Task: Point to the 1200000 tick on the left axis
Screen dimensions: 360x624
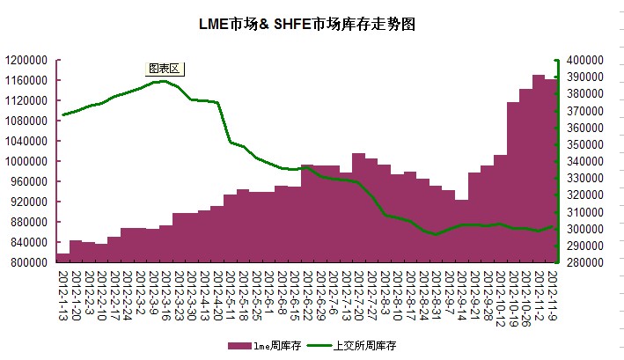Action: (x=28, y=60)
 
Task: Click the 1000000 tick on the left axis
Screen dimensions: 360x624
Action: (x=28, y=161)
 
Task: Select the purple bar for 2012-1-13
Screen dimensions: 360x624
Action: (x=62, y=258)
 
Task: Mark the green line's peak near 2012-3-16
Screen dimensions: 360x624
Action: (x=164, y=81)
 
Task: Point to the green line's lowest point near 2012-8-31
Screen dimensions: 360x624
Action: (x=436, y=235)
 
